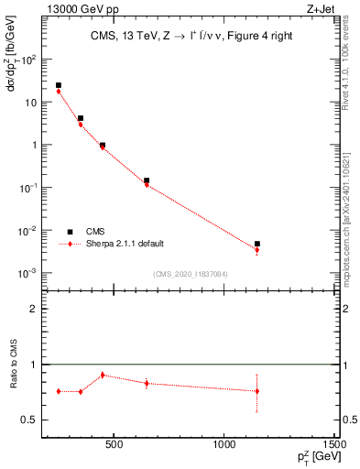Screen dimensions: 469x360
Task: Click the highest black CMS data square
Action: pyautogui.click(x=59, y=85)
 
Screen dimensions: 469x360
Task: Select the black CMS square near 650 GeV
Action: pyautogui.click(x=147, y=180)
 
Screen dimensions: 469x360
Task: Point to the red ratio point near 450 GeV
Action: pyautogui.click(x=103, y=375)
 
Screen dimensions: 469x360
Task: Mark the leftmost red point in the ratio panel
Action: pyautogui.click(x=59, y=391)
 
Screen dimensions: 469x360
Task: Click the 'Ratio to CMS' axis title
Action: pyautogui.click(x=13, y=365)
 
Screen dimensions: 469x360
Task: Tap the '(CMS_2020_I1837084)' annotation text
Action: pyautogui.click(x=191, y=273)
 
